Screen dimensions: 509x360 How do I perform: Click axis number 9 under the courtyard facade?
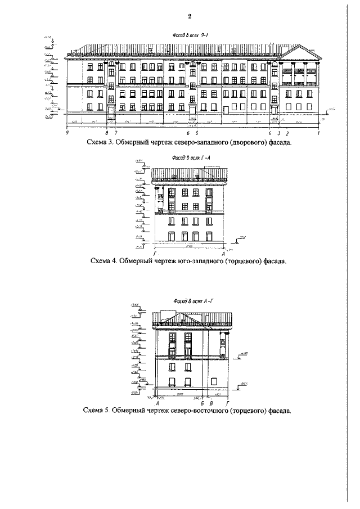[67, 133]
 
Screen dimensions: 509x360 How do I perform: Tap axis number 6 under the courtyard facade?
[188, 133]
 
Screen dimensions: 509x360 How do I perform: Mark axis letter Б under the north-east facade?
[202, 403]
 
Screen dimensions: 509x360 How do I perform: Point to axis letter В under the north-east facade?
[210, 403]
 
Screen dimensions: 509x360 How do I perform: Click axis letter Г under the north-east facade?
[226, 403]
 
